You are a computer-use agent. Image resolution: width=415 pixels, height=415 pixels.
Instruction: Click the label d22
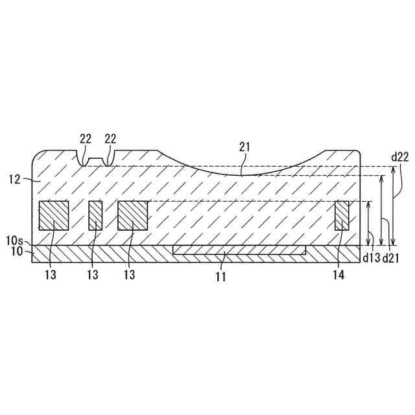coord(400,156)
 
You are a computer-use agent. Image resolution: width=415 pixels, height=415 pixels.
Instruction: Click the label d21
coord(390,258)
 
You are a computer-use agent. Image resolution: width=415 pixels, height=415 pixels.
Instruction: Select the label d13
coord(372,258)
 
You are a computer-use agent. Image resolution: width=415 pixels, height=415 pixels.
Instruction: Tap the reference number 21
coord(244,147)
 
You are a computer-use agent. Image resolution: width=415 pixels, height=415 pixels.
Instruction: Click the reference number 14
coord(339,274)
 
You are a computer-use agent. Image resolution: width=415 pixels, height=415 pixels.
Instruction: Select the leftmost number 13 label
coord(51,274)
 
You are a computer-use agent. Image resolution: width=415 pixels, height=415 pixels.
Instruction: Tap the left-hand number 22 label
coord(86,138)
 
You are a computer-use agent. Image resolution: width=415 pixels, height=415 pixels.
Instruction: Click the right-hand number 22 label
coord(110,138)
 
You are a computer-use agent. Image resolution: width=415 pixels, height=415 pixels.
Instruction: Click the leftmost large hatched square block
coord(54,215)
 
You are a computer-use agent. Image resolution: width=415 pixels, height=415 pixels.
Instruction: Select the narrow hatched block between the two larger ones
coord(95,215)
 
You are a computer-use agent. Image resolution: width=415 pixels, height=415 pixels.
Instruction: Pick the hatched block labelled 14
coord(342,215)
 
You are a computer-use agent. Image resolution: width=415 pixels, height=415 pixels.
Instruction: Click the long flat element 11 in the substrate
coord(239,250)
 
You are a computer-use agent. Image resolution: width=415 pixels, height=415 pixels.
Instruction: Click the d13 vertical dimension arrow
coord(368,223)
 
